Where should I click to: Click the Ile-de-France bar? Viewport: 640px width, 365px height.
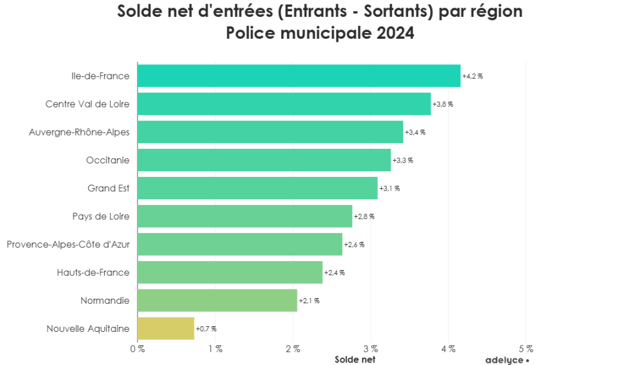click(x=299, y=76)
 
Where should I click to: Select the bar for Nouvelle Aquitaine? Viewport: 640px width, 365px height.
click(x=166, y=329)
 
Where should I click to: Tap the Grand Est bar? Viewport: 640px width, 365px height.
click(x=257, y=188)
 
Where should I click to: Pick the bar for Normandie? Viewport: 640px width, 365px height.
click(x=217, y=301)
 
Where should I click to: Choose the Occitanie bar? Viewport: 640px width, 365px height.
click(x=264, y=160)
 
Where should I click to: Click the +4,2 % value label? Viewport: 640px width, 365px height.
click(x=472, y=76)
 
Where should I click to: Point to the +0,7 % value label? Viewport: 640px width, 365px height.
click(x=206, y=329)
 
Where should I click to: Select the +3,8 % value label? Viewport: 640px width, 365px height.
click(x=442, y=104)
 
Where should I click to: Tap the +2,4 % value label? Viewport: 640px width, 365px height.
click(x=334, y=272)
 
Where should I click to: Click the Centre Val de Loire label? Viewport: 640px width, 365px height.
click(x=87, y=104)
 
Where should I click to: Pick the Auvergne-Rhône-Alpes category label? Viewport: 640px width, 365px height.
click(x=79, y=132)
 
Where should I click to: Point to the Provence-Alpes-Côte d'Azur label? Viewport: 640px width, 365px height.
click(x=68, y=244)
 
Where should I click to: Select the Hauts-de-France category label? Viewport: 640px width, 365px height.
click(x=93, y=272)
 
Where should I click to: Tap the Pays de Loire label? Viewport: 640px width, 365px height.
click(x=101, y=216)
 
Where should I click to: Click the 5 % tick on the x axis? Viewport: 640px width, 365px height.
click(x=526, y=348)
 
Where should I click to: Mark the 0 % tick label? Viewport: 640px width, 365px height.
click(x=137, y=348)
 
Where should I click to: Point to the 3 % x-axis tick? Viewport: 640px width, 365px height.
click(x=371, y=348)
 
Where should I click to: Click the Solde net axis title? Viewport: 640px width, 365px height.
click(x=355, y=359)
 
